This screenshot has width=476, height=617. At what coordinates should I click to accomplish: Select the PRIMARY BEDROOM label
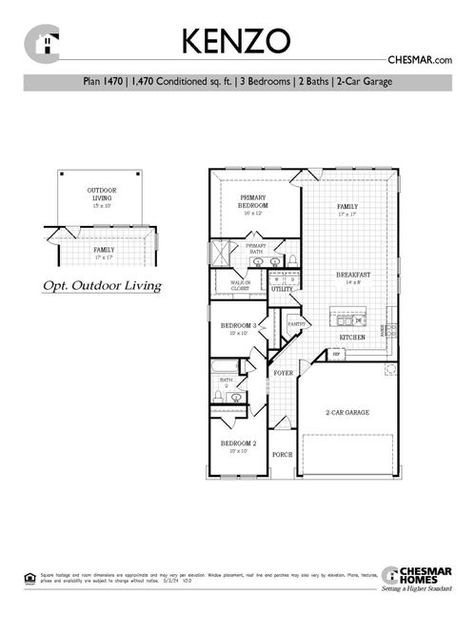tap(253, 202)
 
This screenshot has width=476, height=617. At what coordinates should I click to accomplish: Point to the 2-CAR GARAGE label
tap(347, 412)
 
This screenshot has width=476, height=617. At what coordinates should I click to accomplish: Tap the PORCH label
tap(282, 455)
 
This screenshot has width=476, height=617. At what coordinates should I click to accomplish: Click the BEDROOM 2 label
tap(239, 443)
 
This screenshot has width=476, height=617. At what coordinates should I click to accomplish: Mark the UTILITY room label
tap(282, 288)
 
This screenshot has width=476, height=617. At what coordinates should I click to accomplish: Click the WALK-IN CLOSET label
tap(237, 284)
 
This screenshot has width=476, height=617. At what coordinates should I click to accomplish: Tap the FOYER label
tap(284, 373)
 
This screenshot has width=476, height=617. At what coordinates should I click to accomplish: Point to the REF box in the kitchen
tap(336, 355)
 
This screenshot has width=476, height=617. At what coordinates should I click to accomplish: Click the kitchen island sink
tap(347, 321)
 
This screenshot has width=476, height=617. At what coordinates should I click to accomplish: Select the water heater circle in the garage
tap(389, 369)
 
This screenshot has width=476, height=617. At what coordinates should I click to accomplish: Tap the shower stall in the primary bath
tap(221, 254)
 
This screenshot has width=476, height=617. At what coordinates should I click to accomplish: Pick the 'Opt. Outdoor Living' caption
tap(102, 285)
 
